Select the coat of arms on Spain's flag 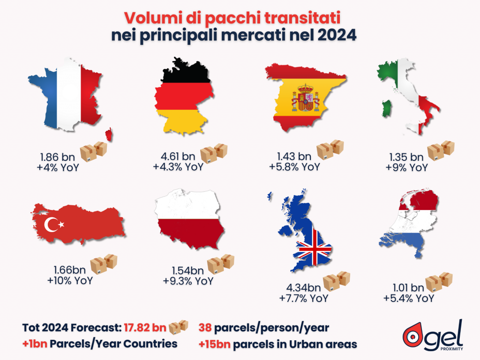coord(306,98)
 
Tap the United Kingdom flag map coord(305,234)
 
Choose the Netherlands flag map coord(410,225)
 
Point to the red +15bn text coord(215,344)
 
